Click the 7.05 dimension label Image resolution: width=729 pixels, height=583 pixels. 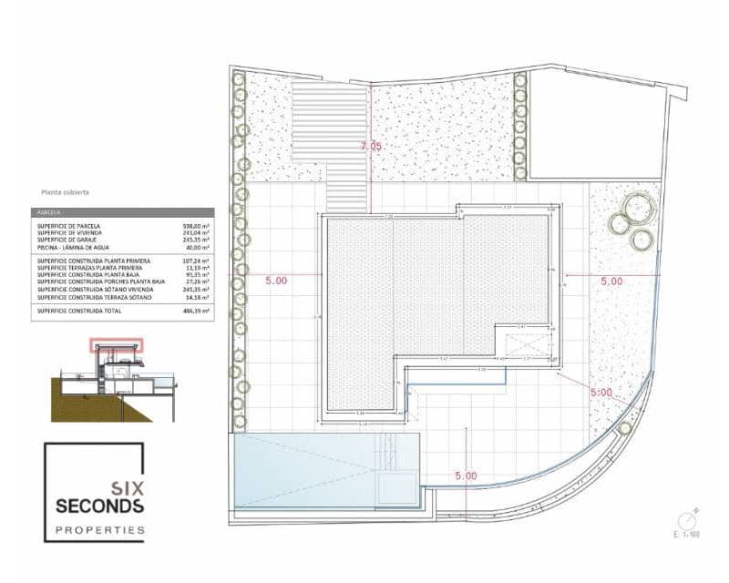coord(372,146)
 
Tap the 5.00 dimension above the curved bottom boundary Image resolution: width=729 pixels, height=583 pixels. coord(466,475)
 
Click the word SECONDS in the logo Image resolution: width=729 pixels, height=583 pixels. coord(99,506)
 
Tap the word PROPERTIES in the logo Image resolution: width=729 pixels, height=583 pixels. coord(99,529)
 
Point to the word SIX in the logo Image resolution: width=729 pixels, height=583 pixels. coord(126,487)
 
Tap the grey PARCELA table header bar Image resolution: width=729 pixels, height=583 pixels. coord(122,212)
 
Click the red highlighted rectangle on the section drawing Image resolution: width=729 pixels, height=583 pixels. coord(116,345)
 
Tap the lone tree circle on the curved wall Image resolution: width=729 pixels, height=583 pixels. coord(625,428)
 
